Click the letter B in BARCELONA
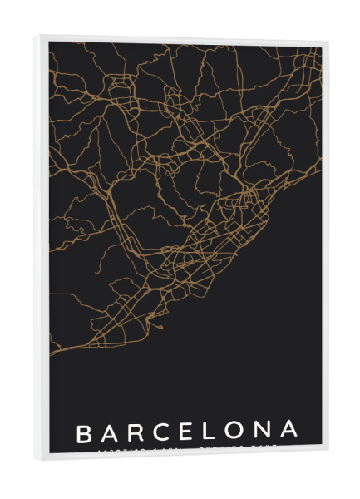click(83, 433)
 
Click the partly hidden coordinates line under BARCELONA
click(187, 449)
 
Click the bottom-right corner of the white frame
click(328, 454)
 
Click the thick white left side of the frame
click(42, 249)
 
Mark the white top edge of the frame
click(183, 39)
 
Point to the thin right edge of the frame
click(325, 249)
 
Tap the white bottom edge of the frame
click(183, 457)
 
